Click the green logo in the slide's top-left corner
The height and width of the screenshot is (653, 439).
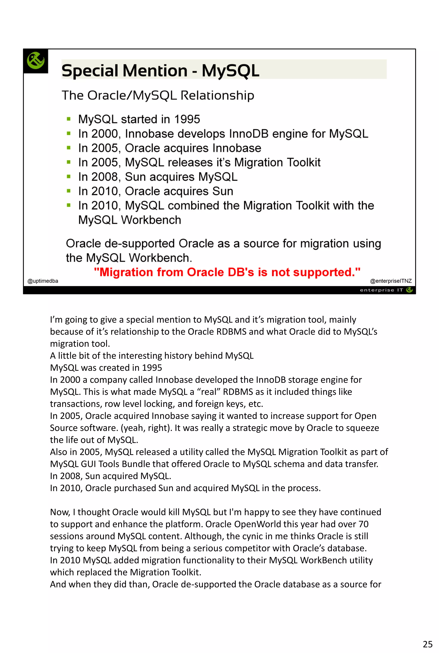(36, 60)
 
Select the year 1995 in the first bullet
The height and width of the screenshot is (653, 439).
(187, 120)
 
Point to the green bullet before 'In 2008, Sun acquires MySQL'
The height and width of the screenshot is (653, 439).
(69, 177)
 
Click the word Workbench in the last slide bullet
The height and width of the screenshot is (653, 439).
(151, 220)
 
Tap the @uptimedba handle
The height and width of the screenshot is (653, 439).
(43, 281)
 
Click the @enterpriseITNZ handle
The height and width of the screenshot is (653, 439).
(391, 281)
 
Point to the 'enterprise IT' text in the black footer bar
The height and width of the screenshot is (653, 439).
(381, 290)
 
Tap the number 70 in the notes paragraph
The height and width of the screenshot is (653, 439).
(363, 524)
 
